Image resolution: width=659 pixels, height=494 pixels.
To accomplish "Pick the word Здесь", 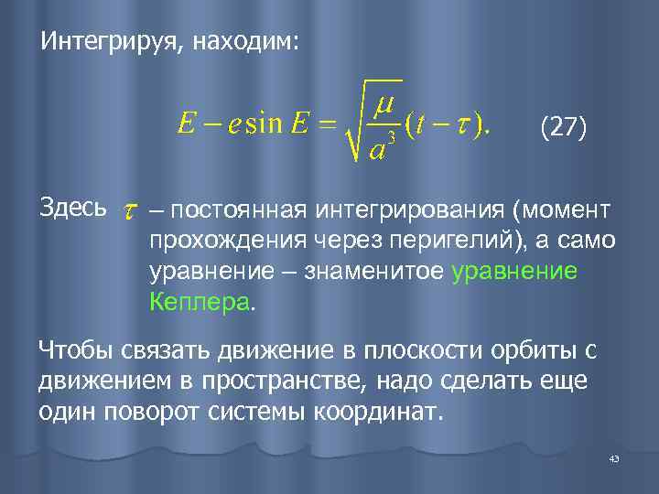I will (72, 208).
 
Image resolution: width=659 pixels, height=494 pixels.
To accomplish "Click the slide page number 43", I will (613, 458).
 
